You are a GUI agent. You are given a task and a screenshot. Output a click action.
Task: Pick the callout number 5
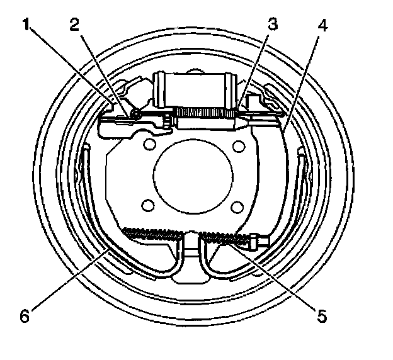coord(322,316)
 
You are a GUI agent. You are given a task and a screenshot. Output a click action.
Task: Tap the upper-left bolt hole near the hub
coord(150,146)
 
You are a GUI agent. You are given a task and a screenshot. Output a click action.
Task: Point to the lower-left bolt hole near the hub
coord(149,206)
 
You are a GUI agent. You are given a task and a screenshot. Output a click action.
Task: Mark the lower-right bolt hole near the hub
coord(237,206)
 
